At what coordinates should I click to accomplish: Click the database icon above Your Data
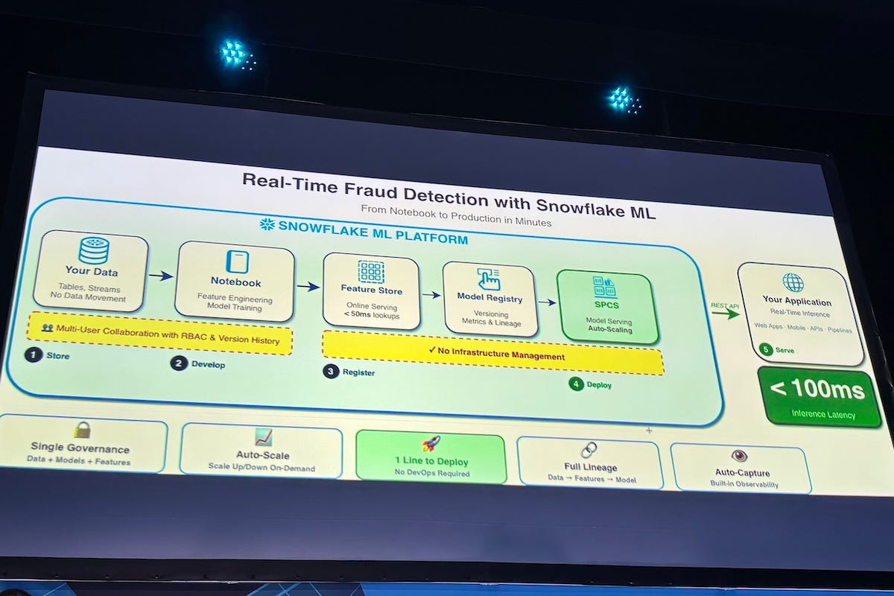point(94,250)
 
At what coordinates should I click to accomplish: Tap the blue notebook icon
point(236,262)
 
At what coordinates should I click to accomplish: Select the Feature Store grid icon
point(370,271)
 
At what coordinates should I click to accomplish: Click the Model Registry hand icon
point(489,279)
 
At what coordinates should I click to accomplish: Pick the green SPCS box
point(608,306)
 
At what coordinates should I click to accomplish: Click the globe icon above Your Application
point(793,283)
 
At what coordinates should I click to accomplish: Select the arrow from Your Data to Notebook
point(160,276)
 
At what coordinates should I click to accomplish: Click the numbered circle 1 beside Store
point(33,355)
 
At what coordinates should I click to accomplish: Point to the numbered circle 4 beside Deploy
point(576,384)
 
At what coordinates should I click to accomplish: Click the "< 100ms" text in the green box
point(817,390)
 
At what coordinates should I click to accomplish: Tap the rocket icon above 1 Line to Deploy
point(431,444)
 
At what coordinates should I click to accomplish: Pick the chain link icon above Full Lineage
point(589,450)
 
